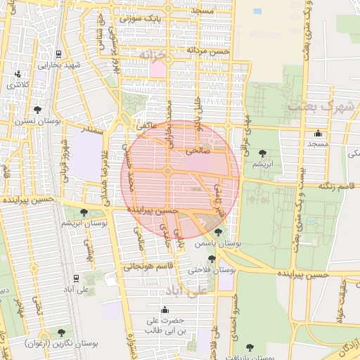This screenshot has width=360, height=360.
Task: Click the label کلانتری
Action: coord(20,84)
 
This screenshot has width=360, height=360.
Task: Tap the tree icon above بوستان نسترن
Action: coord(37,110)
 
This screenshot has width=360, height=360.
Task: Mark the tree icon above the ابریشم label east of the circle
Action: coord(262,153)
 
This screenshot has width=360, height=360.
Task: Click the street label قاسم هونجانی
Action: coord(148,266)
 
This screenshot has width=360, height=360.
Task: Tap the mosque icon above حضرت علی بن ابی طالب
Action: coord(165,310)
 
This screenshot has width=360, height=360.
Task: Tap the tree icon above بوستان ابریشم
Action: coord(84,212)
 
